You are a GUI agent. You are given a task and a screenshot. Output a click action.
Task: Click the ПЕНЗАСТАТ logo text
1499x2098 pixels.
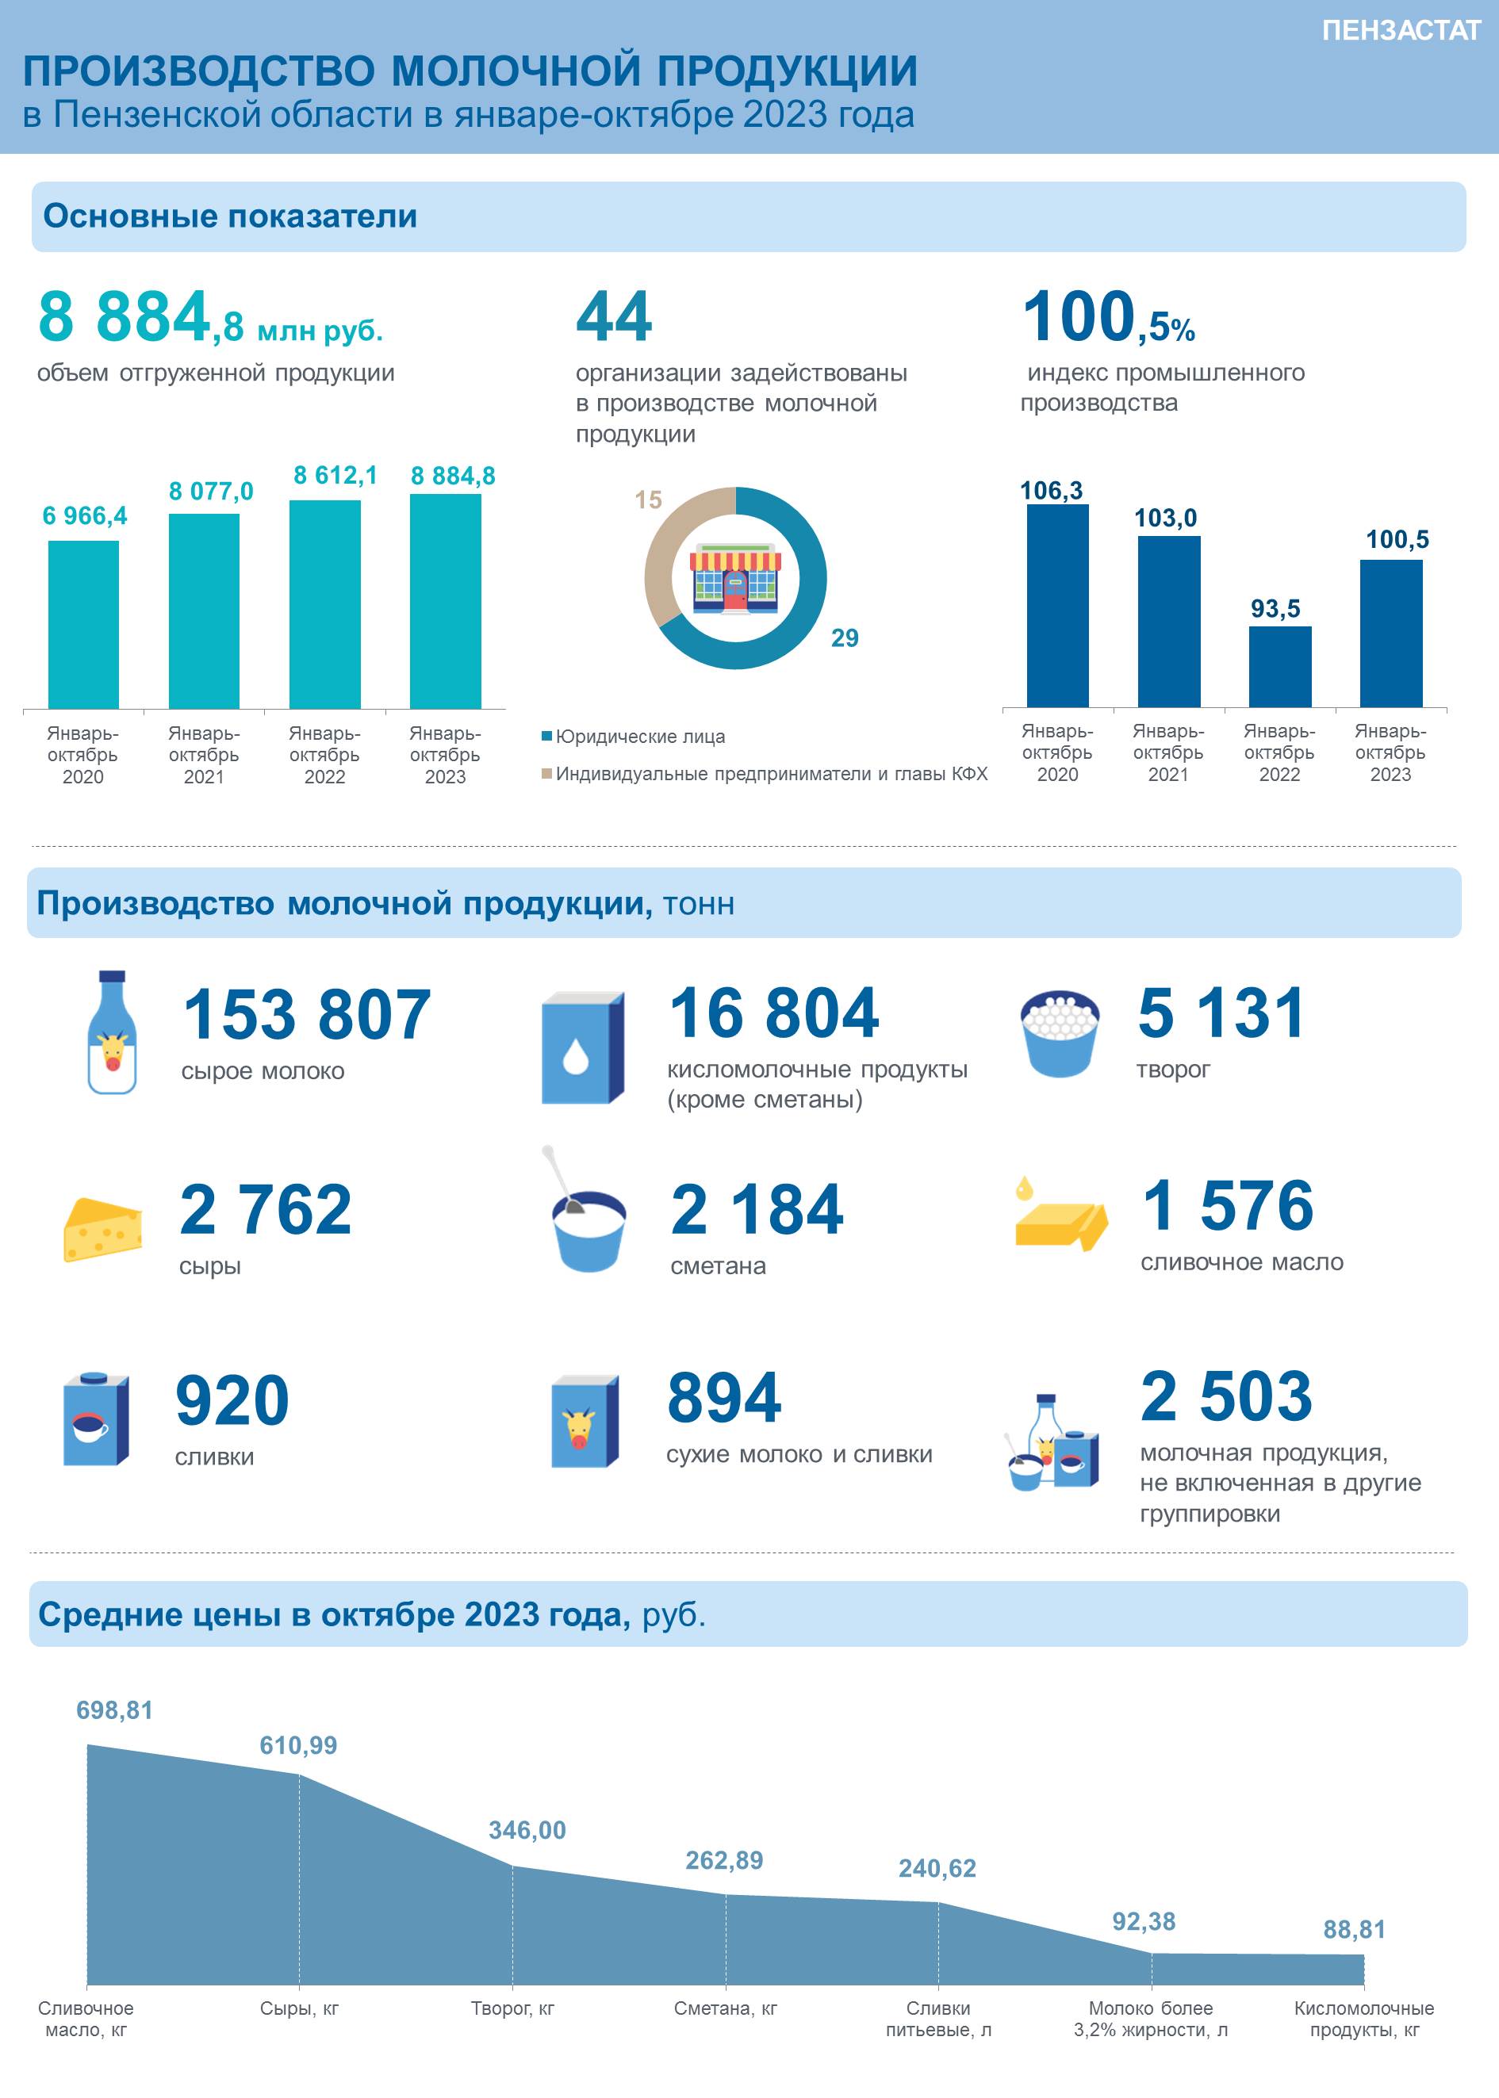tap(1400, 30)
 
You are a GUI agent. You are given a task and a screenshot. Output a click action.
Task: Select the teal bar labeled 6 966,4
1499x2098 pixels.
tap(83, 625)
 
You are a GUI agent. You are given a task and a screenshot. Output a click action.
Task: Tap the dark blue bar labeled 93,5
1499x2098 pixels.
tap(1279, 666)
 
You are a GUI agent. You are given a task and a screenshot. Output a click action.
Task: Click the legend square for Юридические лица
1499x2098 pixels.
tap(546, 737)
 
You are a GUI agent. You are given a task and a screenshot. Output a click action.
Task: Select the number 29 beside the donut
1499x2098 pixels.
tap(845, 637)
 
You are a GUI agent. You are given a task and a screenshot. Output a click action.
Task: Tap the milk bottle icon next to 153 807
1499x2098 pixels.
tap(112, 1032)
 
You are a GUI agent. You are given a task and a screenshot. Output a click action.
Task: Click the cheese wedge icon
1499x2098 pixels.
tap(102, 1229)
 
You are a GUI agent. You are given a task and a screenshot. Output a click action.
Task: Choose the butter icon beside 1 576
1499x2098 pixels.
tap(1060, 1214)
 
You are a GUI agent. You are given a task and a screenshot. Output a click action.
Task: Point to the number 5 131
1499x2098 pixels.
tap(1221, 1013)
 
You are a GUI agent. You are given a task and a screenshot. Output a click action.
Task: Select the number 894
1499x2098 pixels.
tap(723, 1397)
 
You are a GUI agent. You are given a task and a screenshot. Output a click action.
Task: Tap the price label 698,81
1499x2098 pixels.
tap(114, 1709)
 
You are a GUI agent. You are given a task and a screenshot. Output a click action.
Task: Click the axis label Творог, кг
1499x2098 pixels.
tap(512, 2008)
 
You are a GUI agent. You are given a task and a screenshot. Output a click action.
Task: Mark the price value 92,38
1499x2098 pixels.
tap(1144, 1921)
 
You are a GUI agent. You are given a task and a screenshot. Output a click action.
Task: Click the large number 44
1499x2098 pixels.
tap(614, 316)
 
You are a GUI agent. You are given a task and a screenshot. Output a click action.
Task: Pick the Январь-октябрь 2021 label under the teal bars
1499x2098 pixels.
tap(204, 755)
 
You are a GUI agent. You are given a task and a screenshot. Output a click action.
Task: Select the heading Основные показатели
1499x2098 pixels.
tap(230, 216)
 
